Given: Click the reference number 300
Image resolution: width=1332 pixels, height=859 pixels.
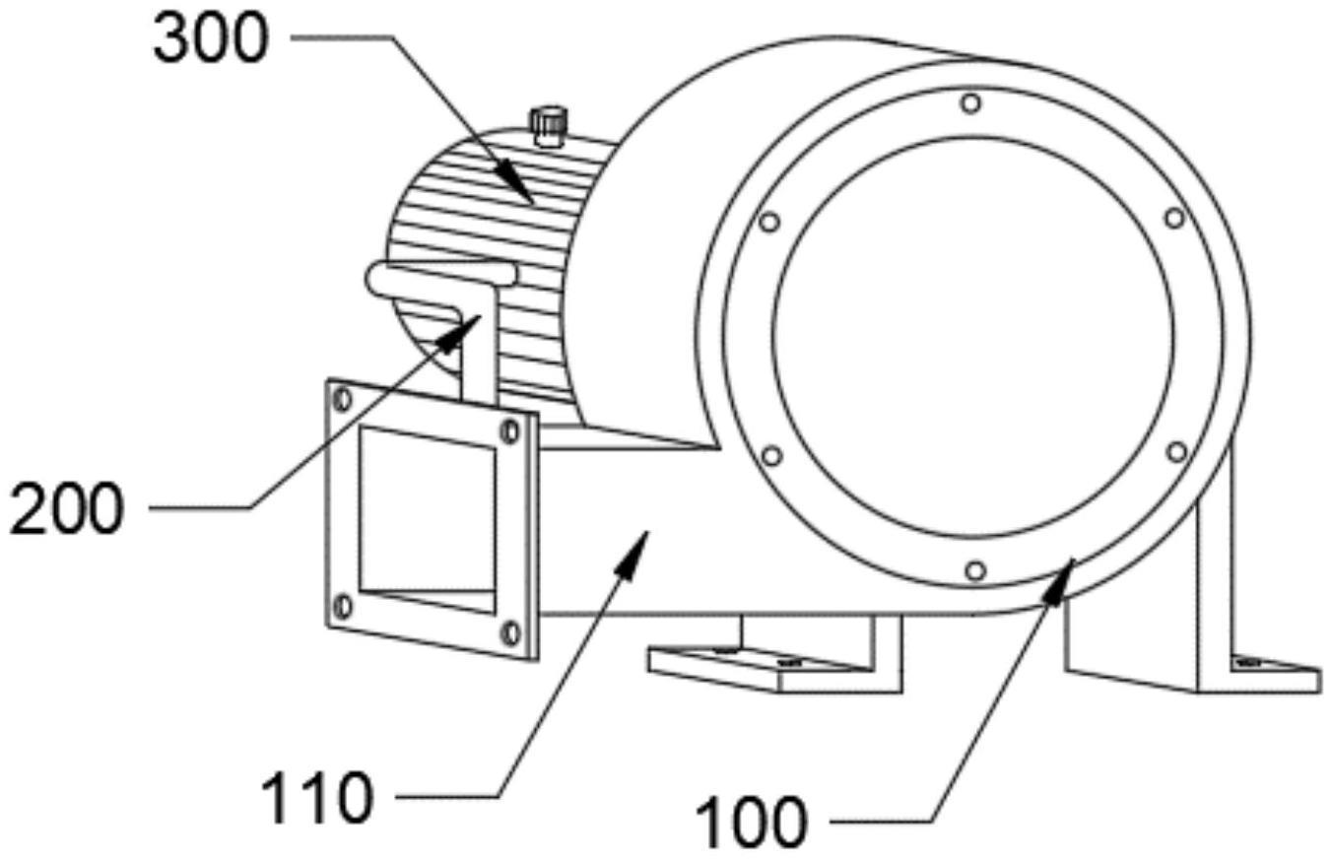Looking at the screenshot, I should click(x=210, y=40).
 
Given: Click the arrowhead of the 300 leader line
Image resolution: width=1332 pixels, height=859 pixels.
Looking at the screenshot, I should click(x=528, y=197).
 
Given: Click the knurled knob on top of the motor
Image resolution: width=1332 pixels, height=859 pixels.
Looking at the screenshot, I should click(x=549, y=126).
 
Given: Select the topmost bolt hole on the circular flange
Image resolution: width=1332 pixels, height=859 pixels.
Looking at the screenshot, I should click(x=971, y=102).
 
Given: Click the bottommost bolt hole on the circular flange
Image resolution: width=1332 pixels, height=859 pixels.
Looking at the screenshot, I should click(x=974, y=570).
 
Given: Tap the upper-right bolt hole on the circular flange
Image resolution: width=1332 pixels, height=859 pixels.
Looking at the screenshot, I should click(x=1174, y=218).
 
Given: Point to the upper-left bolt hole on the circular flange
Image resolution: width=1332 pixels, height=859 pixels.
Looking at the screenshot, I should click(x=769, y=222).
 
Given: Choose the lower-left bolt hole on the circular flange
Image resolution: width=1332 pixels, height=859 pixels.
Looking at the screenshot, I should click(x=772, y=455).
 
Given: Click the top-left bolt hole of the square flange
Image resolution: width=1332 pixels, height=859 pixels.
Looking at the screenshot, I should click(x=343, y=399).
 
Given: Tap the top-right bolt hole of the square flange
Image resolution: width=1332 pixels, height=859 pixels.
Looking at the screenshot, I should click(x=509, y=430).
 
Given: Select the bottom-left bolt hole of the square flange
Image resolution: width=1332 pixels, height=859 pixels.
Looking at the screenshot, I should click(x=343, y=606).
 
